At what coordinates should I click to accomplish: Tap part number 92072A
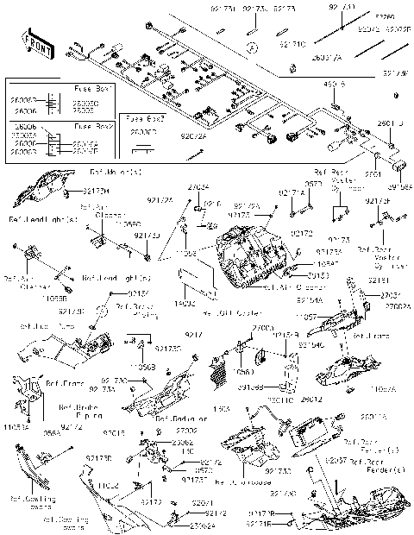pos(194,136)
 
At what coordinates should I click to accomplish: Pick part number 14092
pos(186,303)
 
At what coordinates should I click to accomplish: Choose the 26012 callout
pos(313,399)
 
